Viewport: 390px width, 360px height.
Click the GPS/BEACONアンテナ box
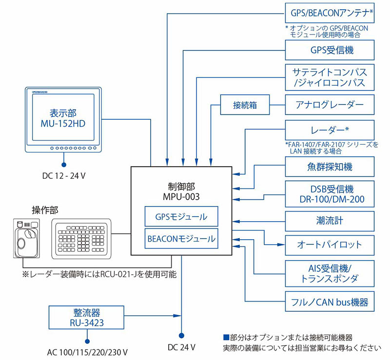330,13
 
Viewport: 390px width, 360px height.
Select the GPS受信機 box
330,50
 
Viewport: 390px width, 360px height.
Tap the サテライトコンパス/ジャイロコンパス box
330,77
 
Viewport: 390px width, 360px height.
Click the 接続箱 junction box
245,105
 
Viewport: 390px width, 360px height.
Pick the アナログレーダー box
330,105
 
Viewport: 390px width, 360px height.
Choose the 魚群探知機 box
330,167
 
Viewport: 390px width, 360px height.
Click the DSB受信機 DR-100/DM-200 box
330,194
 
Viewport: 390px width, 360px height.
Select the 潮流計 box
330,221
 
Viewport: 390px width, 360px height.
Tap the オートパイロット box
330,245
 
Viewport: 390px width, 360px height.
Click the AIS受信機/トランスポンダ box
330,273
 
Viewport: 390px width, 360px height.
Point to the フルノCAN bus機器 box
330,302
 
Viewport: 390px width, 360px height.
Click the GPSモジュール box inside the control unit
181,216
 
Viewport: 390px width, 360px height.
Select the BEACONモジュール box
181,239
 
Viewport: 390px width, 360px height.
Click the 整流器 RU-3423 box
86,318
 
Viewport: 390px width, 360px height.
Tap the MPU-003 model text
181,197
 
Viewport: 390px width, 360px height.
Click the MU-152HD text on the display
63,124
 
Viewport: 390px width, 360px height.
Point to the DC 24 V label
181,347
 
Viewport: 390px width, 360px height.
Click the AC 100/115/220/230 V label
87,352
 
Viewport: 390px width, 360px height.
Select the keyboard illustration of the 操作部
81,239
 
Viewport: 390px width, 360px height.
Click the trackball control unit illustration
26,238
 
